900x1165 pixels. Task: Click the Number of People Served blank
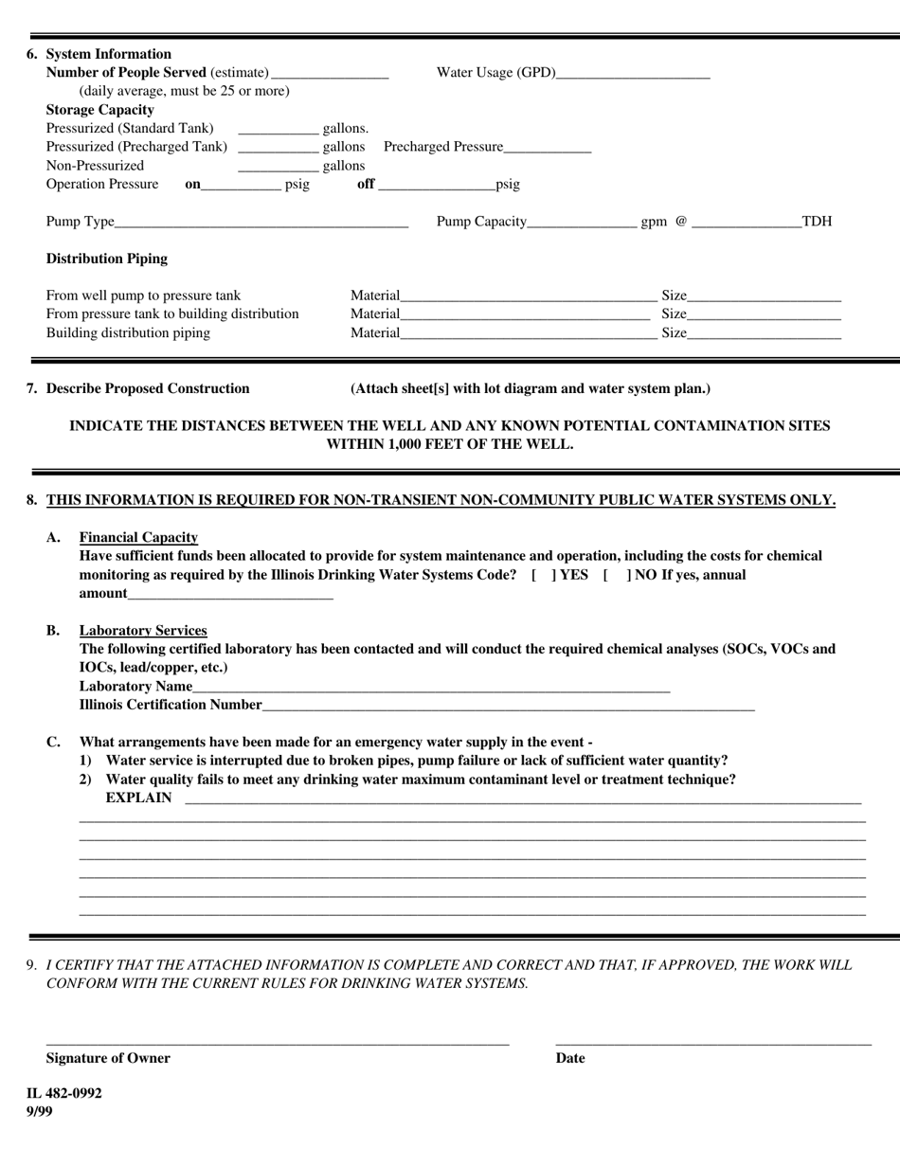coord(329,74)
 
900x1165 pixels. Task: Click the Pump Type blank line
coord(261,223)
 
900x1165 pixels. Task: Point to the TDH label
coord(817,222)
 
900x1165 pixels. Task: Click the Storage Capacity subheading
coord(100,110)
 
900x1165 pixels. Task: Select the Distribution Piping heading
coord(107,259)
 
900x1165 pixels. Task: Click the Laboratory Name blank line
coord(431,688)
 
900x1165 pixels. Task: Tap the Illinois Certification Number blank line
coord(508,706)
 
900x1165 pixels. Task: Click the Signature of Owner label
coord(108,1058)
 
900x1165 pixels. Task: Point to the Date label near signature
coord(570,1058)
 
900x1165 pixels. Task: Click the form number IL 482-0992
coord(64,1093)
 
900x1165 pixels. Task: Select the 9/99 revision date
coord(40,1111)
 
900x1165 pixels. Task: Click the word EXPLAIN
coord(139,798)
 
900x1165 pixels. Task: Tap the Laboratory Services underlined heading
coord(143,631)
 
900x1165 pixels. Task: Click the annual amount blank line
coord(230,595)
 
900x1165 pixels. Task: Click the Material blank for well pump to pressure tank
coord(528,297)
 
